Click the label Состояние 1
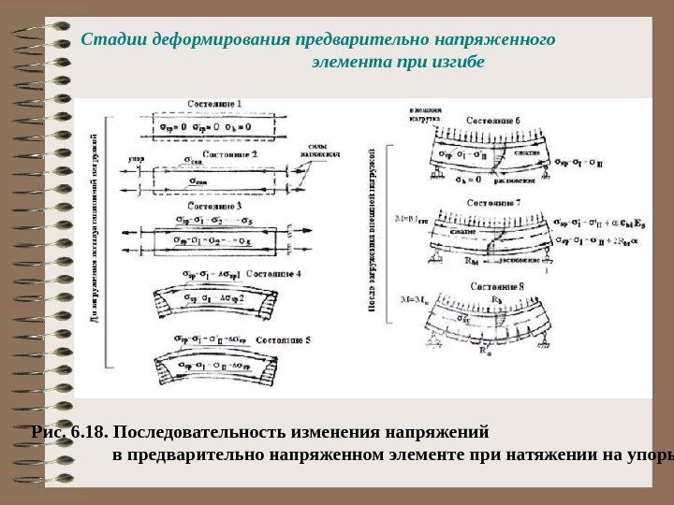point(215,103)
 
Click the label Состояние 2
point(214,152)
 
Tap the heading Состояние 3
point(214,205)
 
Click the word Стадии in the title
point(108,40)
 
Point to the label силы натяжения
point(320,152)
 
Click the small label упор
point(134,160)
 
